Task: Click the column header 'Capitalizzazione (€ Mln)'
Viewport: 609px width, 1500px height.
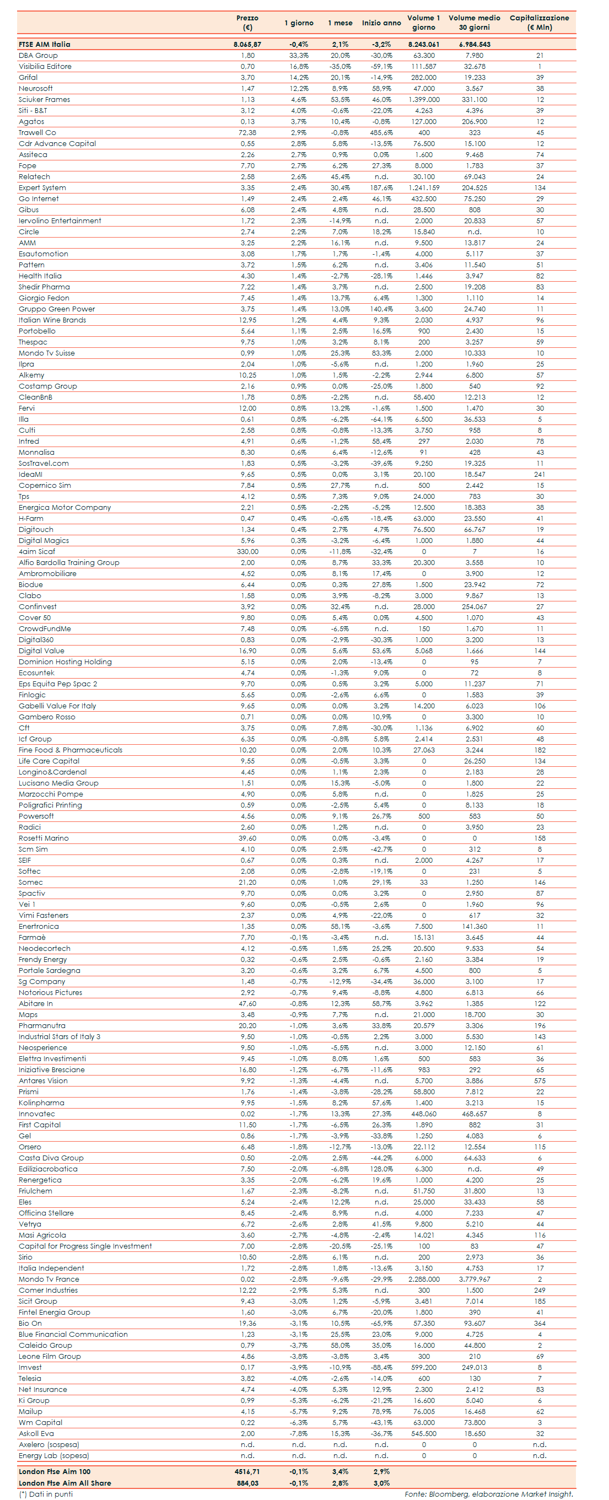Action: pos(539,23)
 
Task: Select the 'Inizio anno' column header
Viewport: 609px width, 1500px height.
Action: pos(381,23)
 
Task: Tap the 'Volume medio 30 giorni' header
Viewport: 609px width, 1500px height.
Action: pos(474,23)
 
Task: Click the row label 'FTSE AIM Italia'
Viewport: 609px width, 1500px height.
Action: pos(44,44)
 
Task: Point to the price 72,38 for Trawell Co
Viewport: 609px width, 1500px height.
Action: pos(247,133)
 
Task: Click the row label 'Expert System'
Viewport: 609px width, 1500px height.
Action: pos(42,188)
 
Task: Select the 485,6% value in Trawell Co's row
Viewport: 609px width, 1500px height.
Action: pos(381,133)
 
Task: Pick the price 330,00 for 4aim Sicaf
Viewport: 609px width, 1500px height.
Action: pos(247,551)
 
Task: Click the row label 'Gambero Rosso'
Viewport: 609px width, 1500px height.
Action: pos(47,717)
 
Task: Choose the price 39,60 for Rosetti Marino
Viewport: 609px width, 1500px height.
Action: pos(247,838)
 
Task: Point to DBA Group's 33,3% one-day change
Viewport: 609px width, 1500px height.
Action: pos(299,56)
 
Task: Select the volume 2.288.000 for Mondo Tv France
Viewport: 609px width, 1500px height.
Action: pos(424,1279)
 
